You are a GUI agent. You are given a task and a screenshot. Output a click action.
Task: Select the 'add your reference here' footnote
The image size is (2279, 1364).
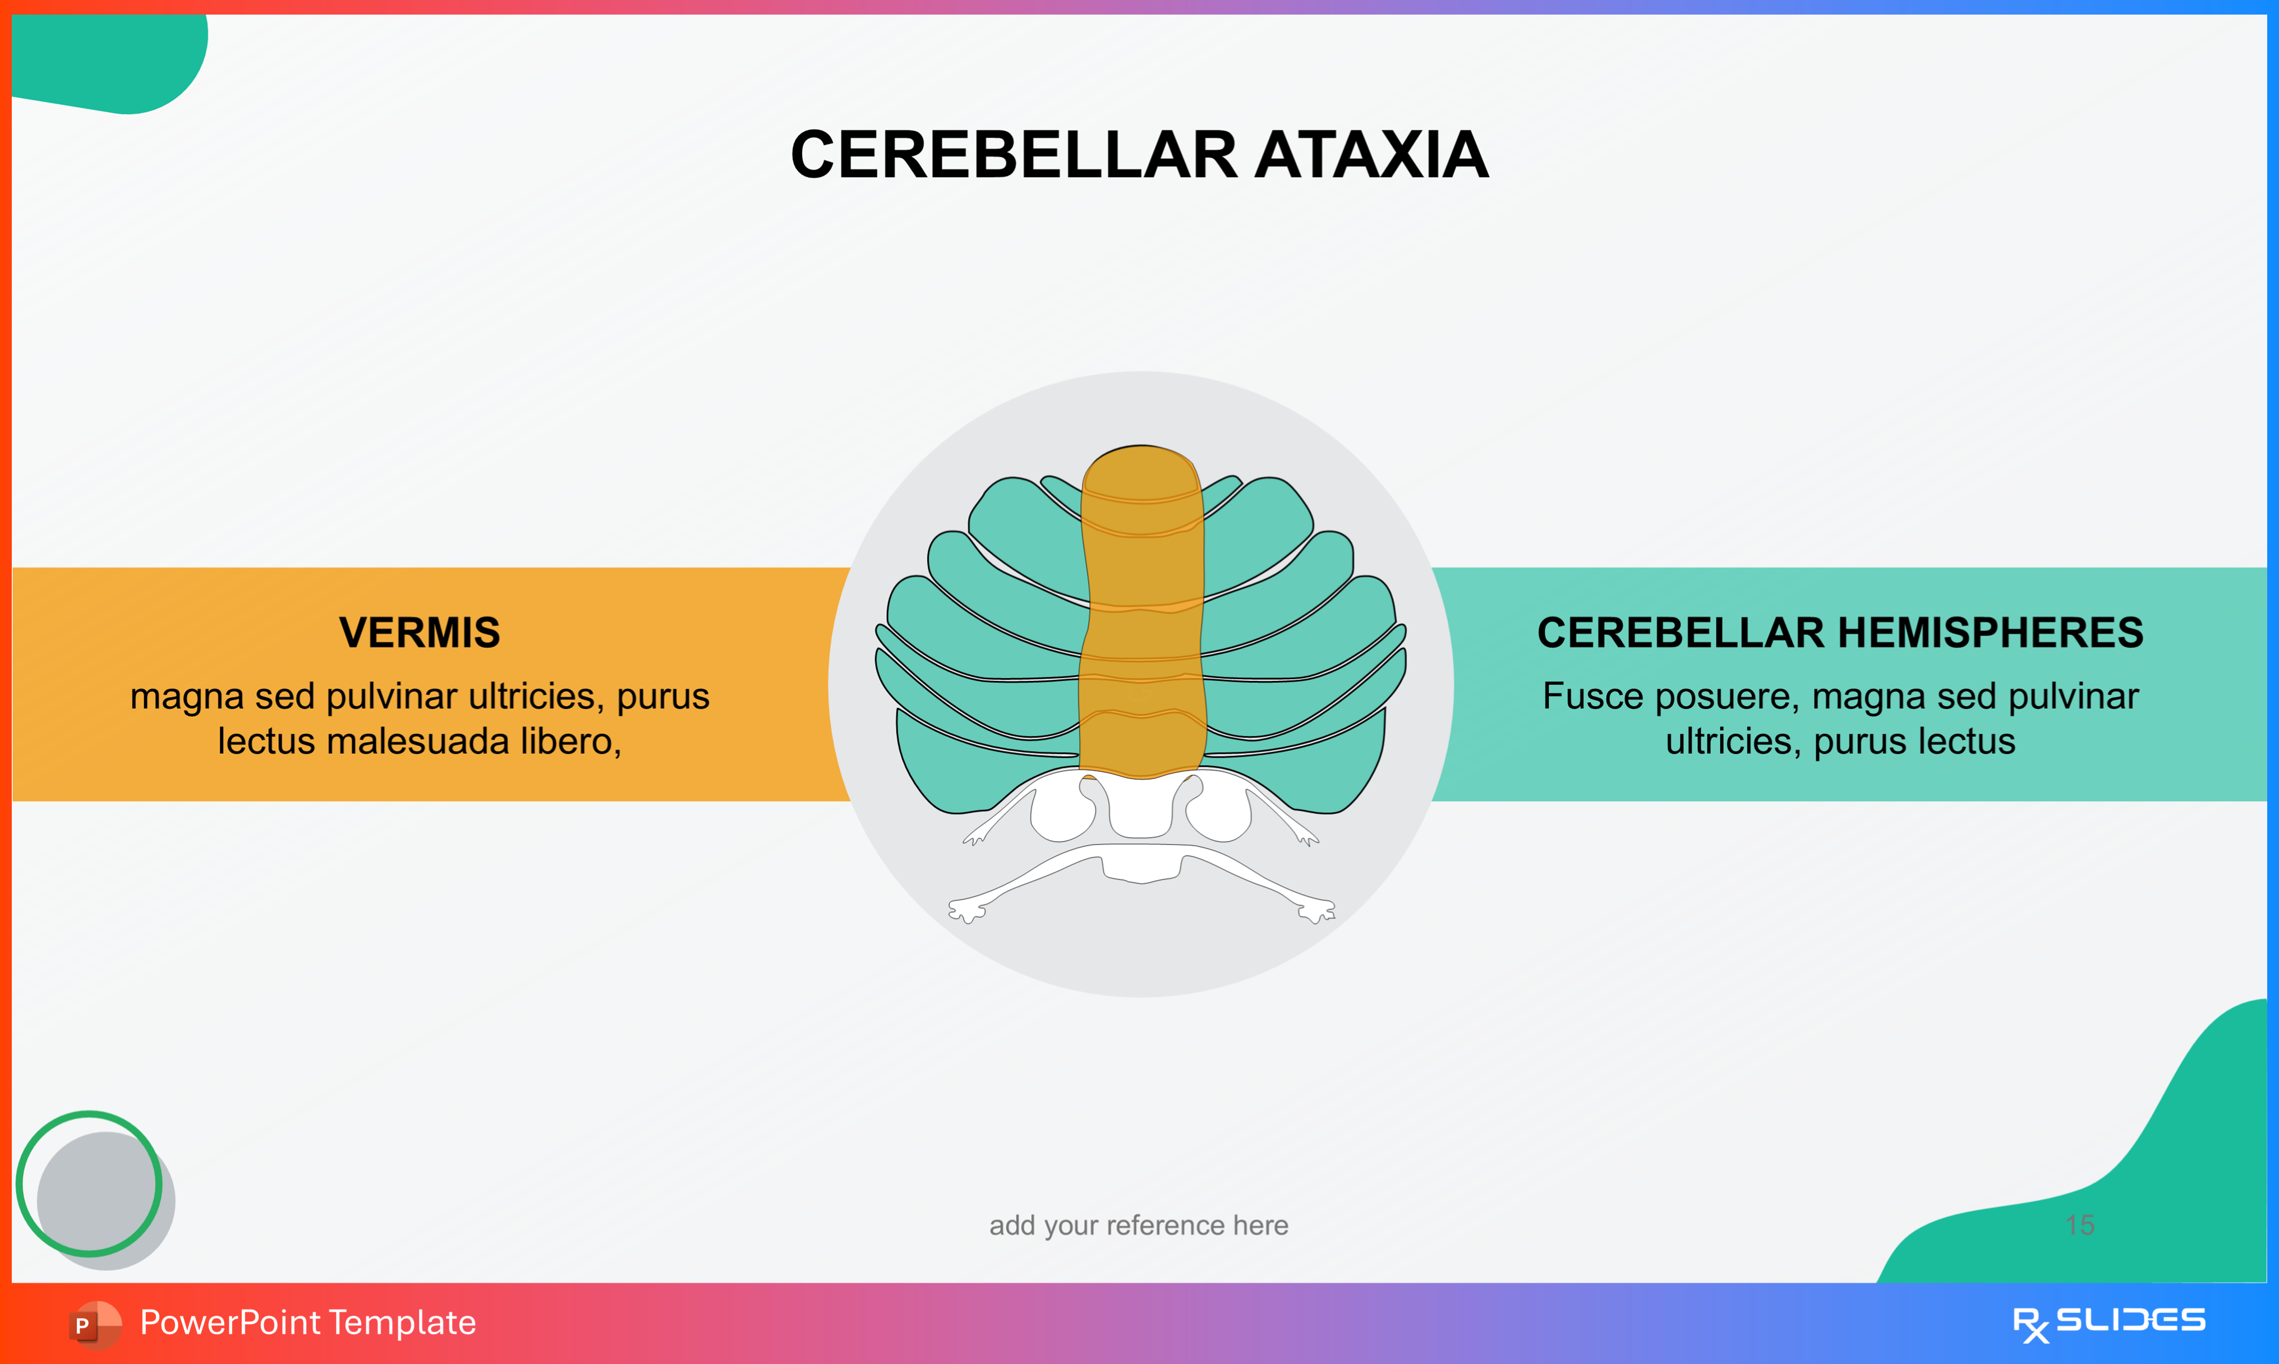click(x=1139, y=1225)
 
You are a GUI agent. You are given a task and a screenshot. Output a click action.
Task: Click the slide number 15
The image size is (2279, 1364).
click(x=2079, y=1225)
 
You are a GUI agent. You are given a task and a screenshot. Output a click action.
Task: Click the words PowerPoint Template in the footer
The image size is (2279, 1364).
click(x=308, y=1322)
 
